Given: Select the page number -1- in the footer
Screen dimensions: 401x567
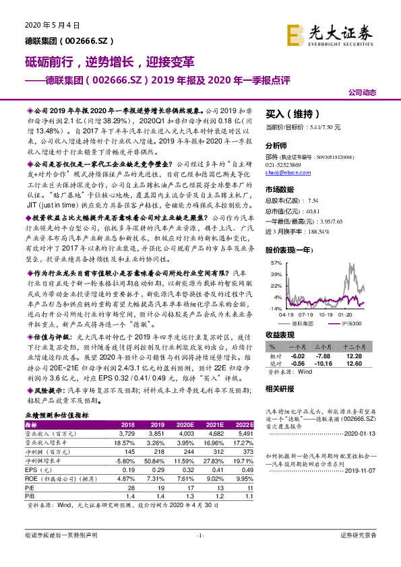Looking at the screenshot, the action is coord(199,554).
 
